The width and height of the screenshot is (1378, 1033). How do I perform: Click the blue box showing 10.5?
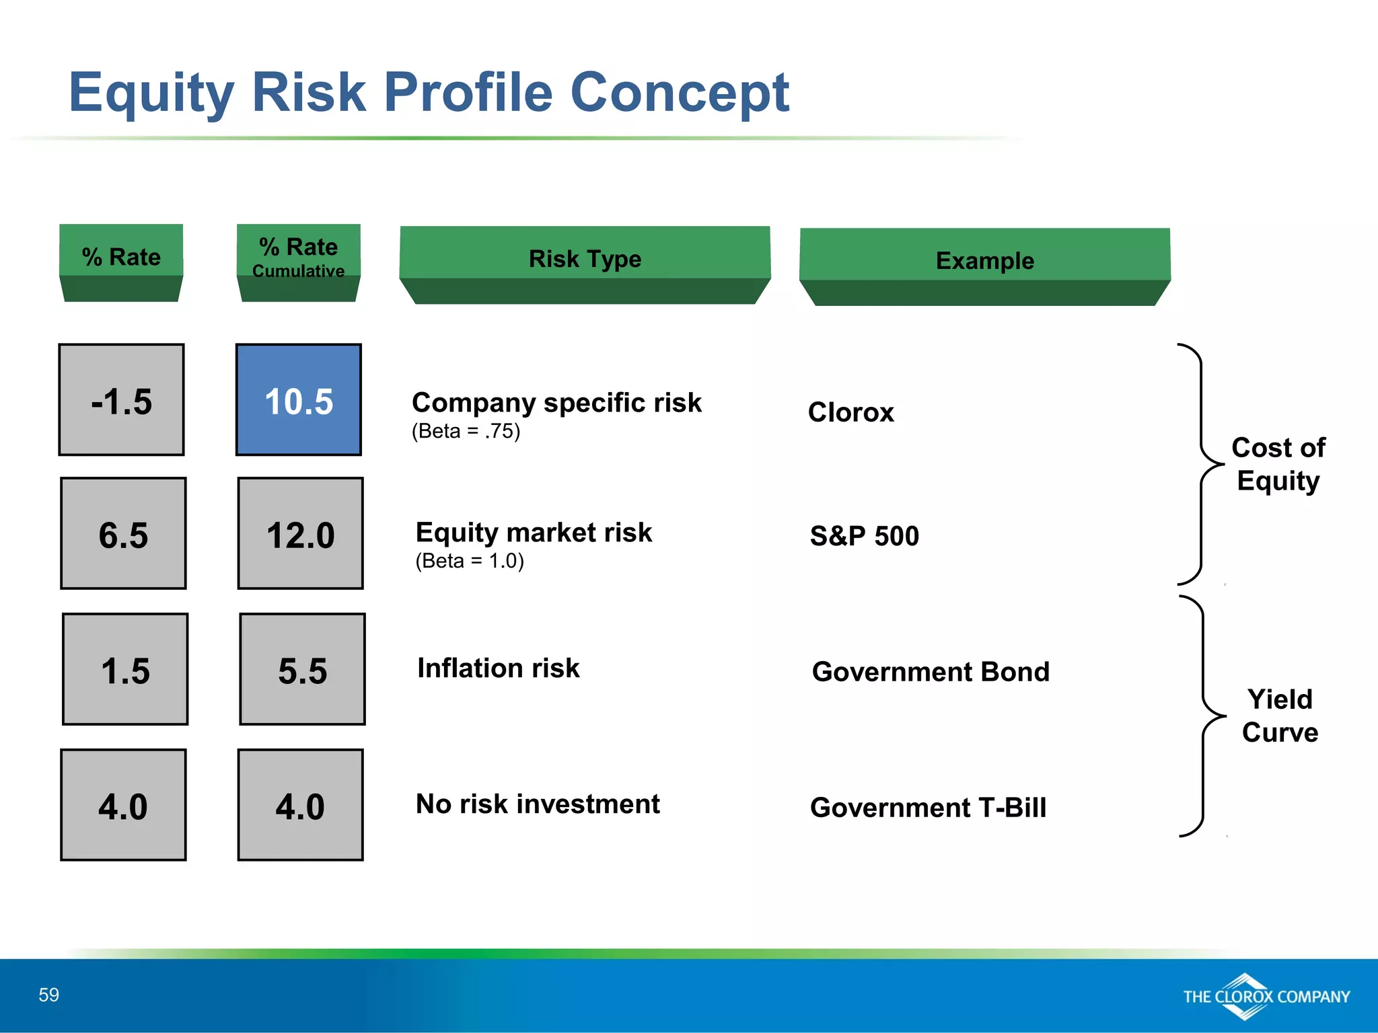click(x=298, y=400)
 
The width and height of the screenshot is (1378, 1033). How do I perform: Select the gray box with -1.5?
click(x=121, y=400)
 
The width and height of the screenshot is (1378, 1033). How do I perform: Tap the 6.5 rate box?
click(x=123, y=534)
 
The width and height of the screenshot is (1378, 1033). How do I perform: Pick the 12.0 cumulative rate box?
click(x=300, y=534)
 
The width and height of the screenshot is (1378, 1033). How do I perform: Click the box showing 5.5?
click(x=302, y=669)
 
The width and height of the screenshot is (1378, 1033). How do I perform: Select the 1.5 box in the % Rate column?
click(x=125, y=669)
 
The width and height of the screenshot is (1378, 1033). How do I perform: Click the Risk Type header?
click(x=585, y=259)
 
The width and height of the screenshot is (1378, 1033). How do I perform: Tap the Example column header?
click(x=984, y=261)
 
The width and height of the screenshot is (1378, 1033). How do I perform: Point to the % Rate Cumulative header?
click(x=298, y=256)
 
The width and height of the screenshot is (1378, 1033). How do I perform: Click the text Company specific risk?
click(x=556, y=403)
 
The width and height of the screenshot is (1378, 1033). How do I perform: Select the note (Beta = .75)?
click(x=466, y=431)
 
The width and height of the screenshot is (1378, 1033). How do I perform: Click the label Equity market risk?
click(x=534, y=533)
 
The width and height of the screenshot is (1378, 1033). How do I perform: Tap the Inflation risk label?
click(x=498, y=668)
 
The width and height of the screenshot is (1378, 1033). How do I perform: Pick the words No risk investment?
click(x=538, y=804)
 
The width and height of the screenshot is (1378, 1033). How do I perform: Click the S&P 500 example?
click(x=864, y=536)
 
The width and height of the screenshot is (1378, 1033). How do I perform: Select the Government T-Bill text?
click(x=928, y=808)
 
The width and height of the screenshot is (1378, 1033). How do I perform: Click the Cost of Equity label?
click(x=1278, y=464)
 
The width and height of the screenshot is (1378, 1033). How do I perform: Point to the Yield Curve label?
click(x=1280, y=716)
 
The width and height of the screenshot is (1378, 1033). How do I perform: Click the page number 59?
click(x=48, y=995)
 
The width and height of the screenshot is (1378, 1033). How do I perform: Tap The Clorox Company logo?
click(x=1266, y=997)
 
